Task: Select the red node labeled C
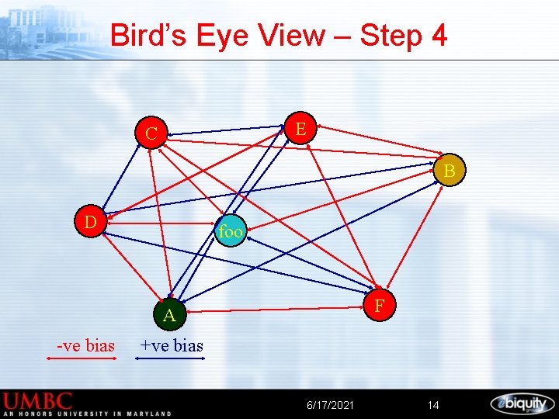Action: coord(152,133)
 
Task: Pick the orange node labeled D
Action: coord(90,223)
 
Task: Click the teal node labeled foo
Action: coord(231,231)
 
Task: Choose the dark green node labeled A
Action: coord(169,314)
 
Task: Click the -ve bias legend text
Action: coord(85,345)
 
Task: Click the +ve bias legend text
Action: coord(171,345)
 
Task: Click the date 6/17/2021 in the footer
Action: coord(330,405)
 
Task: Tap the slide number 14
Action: coord(433,405)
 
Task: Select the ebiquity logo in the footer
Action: coord(522,403)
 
